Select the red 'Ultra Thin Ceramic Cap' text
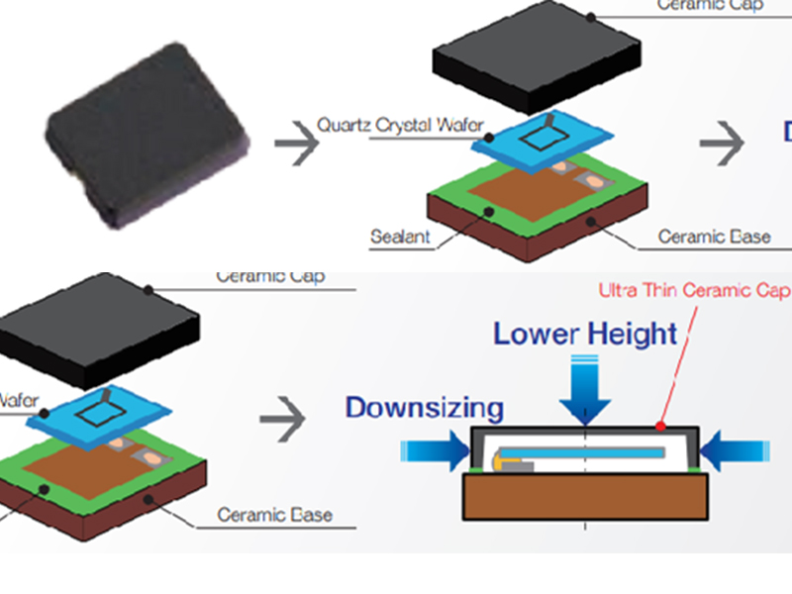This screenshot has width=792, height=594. pos(694,290)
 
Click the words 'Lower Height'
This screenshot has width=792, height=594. pos(586,334)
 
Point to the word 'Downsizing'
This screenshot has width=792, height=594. pos(424,406)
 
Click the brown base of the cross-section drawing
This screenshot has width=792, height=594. pos(586,495)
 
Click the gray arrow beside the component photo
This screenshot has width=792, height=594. pos(297,143)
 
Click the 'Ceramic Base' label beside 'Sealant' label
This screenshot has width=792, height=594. pos(714,238)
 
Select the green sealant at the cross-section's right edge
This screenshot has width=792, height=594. pos(700,467)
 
